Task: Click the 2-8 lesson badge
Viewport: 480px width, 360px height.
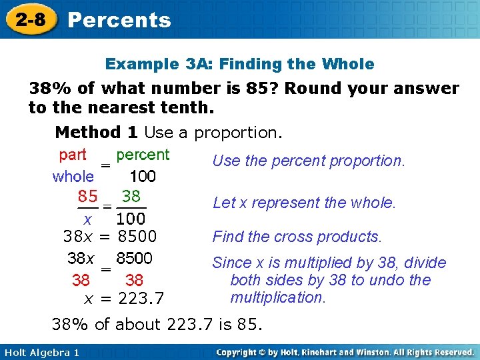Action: (x=31, y=19)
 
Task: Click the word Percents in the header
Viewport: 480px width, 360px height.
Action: (x=119, y=20)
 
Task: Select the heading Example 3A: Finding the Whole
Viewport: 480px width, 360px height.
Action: (x=240, y=64)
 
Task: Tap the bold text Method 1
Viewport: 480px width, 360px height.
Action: (x=97, y=132)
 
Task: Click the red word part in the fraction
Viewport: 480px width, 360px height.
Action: (x=73, y=155)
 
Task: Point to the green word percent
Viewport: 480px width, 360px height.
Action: (x=143, y=155)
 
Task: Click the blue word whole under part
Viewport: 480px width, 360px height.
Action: (x=73, y=177)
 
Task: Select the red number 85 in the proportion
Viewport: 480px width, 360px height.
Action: (x=87, y=197)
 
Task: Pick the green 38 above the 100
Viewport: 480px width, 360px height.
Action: (x=131, y=197)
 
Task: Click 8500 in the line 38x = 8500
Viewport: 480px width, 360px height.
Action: (x=137, y=236)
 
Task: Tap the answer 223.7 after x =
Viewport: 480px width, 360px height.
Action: (x=141, y=297)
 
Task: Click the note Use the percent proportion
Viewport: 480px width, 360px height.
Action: (x=308, y=161)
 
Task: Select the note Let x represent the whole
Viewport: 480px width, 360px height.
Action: (x=304, y=203)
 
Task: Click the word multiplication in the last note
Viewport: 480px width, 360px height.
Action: (x=277, y=297)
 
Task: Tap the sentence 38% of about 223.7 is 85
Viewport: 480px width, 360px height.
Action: (x=157, y=325)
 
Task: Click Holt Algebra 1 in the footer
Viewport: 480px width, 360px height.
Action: (x=41, y=352)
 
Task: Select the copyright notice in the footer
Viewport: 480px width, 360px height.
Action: (x=345, y=352)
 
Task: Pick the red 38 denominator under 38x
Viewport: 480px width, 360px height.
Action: (x=81, y=280)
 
